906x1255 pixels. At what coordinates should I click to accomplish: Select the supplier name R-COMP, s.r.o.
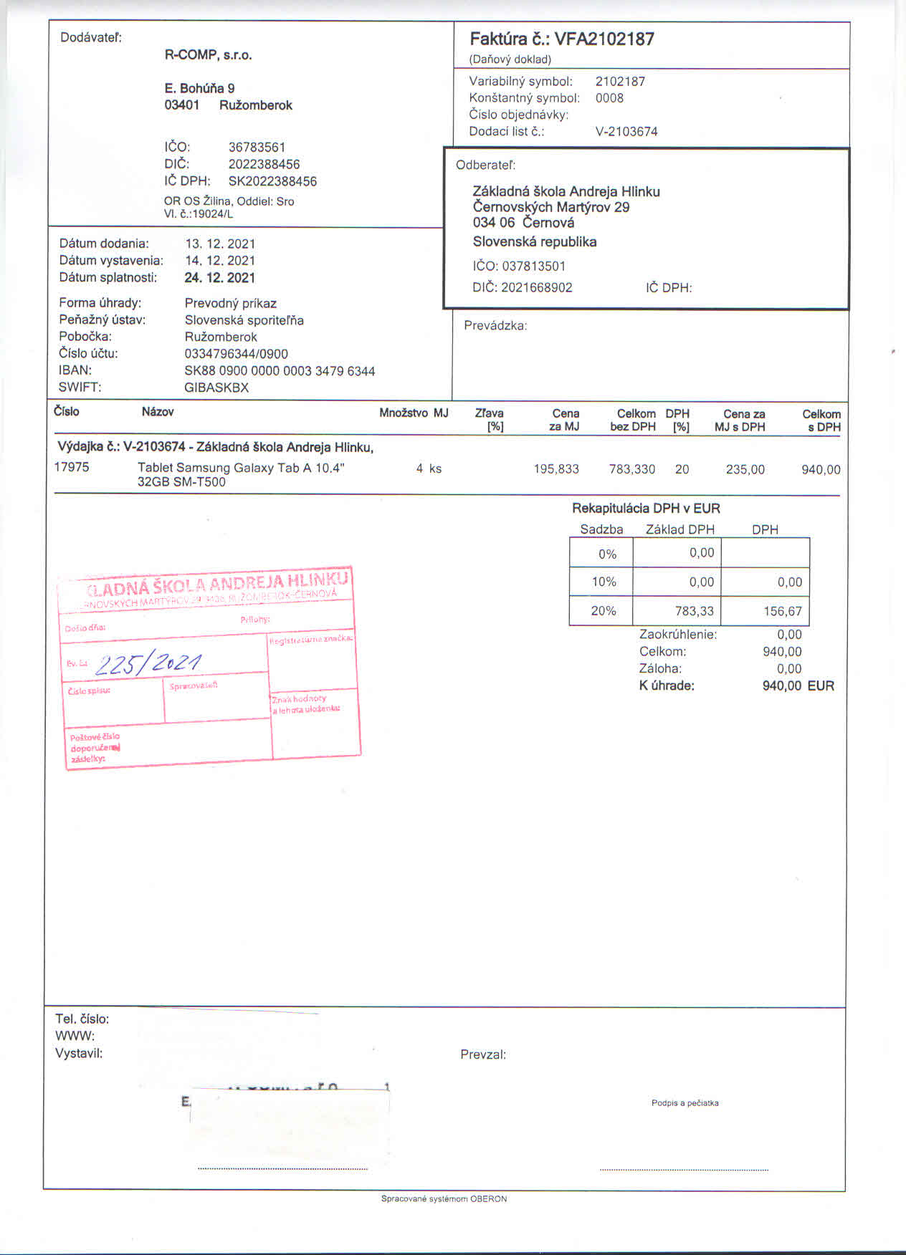209,55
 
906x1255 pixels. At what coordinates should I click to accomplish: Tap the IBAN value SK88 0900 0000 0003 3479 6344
280,371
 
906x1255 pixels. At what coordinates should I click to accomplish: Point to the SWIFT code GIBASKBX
216,388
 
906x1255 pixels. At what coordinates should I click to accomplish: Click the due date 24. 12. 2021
220,278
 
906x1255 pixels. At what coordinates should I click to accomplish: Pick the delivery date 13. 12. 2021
220,244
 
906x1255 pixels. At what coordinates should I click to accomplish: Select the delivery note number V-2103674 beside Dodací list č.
626,132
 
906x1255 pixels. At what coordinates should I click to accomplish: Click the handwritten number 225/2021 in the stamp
148,664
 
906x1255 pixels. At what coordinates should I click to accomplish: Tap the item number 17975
72,467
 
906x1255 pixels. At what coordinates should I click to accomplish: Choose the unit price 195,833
556,470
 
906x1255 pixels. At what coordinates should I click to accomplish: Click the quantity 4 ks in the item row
429,469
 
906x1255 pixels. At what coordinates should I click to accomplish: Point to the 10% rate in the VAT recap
604,582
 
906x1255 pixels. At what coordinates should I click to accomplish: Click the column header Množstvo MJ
414,413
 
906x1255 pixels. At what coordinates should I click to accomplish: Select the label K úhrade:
667,686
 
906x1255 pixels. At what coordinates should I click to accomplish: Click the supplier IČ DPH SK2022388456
272,182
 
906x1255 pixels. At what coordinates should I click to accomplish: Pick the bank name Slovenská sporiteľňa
244,320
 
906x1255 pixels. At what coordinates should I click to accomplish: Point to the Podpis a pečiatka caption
685,1103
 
